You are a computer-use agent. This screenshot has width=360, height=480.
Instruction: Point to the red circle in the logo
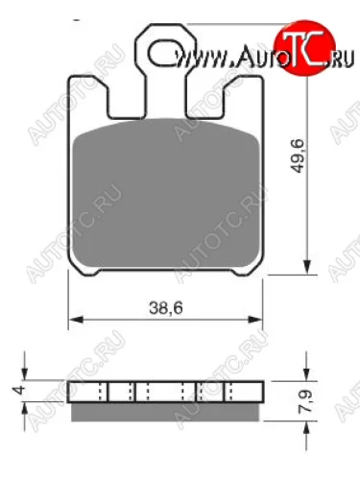tap(298, 39)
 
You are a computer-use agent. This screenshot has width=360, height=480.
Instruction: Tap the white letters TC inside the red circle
tap(299, 40)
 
